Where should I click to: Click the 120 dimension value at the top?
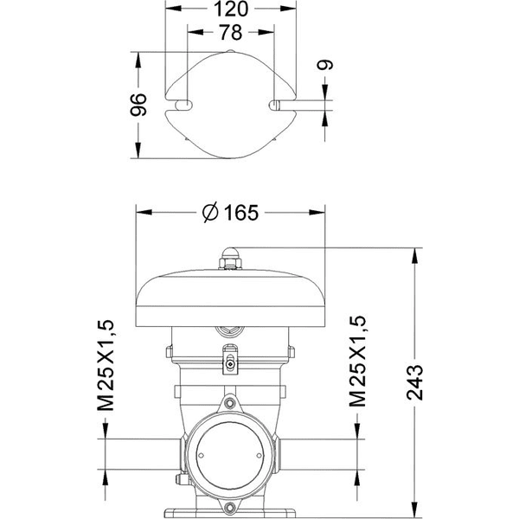231,10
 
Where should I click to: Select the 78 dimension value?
231,33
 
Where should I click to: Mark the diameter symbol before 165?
211,213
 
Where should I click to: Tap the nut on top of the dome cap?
230,257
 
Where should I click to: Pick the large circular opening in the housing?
230,457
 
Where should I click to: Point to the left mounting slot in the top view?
184,104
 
